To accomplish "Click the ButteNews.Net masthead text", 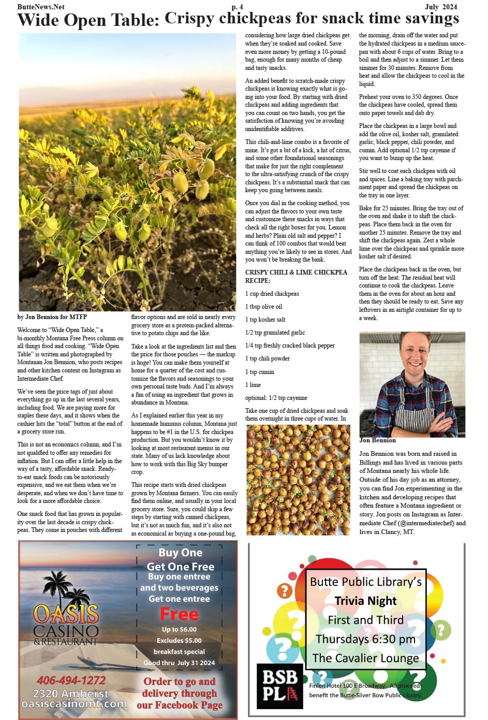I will pos(41,7).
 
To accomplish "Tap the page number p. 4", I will pos(237,7).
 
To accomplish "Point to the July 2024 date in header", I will pos(441,7).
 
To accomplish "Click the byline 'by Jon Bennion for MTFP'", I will pos(52,316).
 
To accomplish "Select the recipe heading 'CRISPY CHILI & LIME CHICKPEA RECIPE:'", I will pos(296,276).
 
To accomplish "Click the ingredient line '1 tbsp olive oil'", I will pos(263,307).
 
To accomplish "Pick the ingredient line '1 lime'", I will pos(253,385).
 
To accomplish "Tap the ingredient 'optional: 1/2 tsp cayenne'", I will pos(276,398).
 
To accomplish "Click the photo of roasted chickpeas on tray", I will pos(298,479).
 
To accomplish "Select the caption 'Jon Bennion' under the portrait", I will pos(377,440).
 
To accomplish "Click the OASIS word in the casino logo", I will pos(66,614).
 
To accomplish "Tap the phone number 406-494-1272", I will pos(71,680).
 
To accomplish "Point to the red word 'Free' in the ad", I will pos(179,614).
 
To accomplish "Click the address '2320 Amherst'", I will pos(71,693).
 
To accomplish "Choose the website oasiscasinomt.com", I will pos(74,704).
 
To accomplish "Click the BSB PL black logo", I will pos(280,685).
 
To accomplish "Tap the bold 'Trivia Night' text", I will pos(365,601).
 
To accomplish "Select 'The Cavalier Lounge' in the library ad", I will pos(365,658).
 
